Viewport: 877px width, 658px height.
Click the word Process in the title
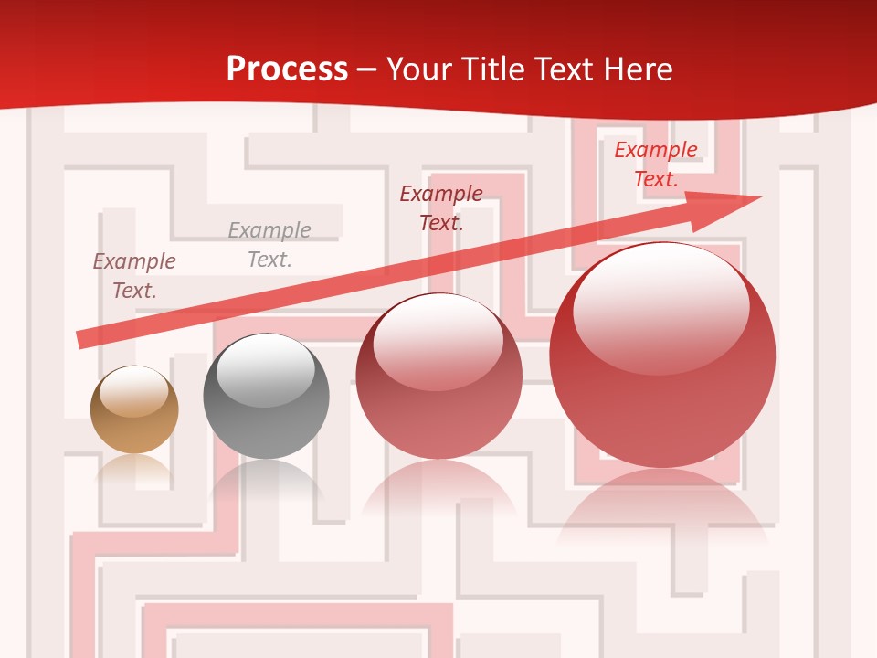287,69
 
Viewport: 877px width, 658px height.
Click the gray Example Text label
269,245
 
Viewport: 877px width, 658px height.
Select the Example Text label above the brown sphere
134,276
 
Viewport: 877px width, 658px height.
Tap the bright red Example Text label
655,164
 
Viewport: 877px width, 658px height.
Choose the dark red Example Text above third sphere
441,208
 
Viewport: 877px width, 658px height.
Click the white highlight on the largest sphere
660,306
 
